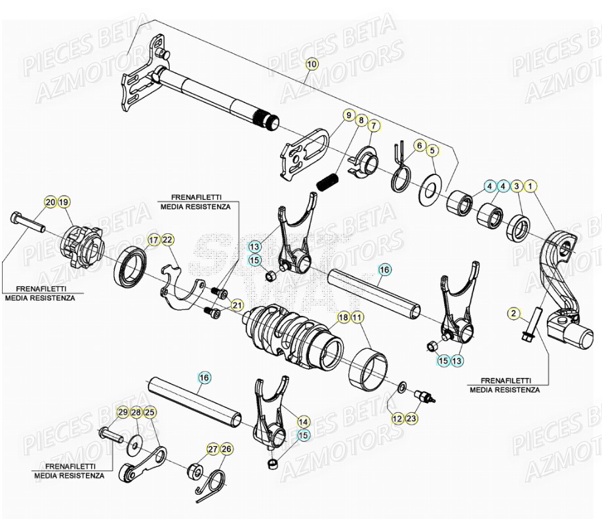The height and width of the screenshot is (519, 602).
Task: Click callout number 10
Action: coord(311,64)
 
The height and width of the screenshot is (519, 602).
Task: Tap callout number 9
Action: coord(348,115)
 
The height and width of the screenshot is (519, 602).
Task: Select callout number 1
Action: coord(530,187)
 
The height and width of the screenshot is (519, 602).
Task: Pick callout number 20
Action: coord(50,202)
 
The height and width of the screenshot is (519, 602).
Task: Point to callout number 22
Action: coord(167,240)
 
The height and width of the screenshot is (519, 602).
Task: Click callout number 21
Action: coord(236,305)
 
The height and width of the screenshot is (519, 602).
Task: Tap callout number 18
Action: coord(343,318)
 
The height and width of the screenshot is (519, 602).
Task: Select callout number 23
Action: coord(411,417)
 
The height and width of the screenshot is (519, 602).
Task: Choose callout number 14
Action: coord(303,421)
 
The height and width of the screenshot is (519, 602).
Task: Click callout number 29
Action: coord(122,412)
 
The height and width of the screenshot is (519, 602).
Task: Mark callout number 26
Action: coord(226,449)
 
